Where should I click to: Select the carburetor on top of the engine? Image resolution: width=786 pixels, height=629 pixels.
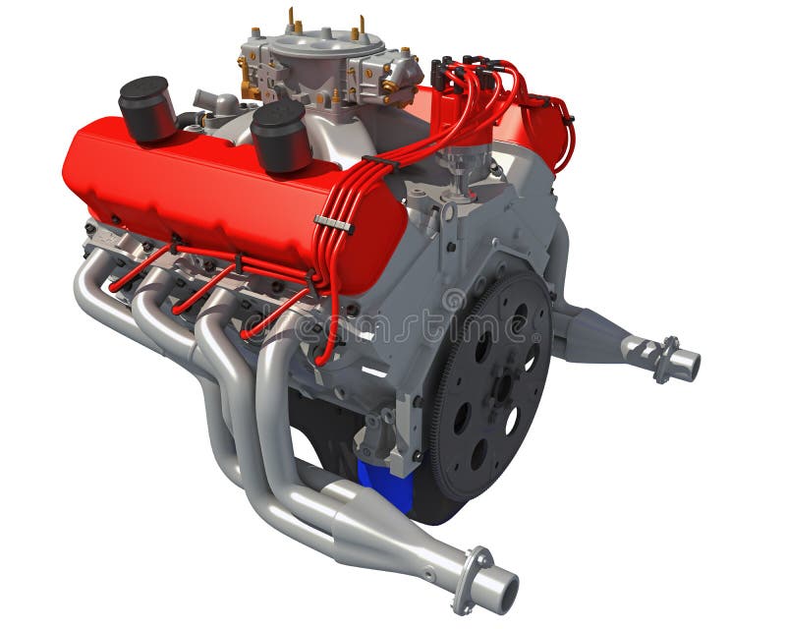click(x=324, y=64)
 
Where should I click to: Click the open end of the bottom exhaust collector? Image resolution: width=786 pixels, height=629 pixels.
click(x=495, y=590)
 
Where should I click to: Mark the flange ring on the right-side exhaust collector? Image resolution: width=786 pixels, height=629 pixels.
click(x=665, y=359)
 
